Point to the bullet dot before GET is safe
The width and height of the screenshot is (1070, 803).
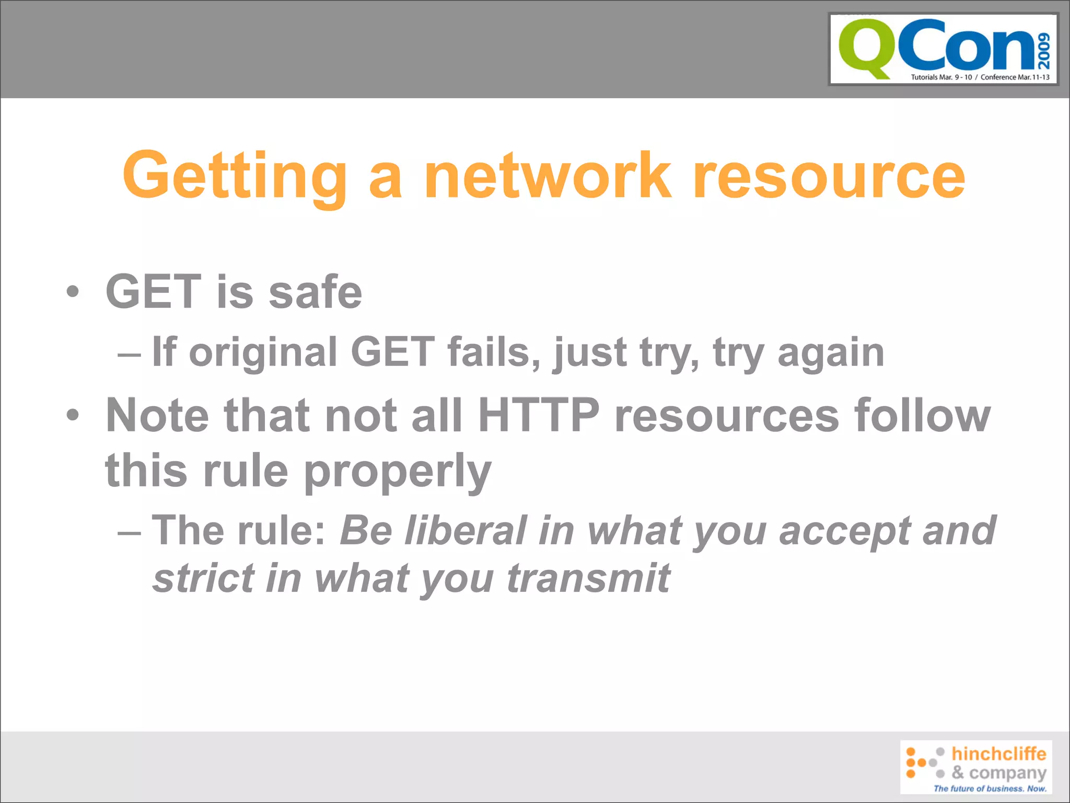point(73,292)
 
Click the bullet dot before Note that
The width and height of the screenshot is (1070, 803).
point(73,416)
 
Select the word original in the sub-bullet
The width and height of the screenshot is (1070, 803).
point(263,352)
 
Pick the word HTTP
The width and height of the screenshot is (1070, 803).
point(539,415)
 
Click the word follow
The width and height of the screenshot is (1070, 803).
point(922,415)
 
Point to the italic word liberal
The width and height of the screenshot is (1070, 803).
point(466,530)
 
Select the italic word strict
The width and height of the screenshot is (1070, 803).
point(203,578)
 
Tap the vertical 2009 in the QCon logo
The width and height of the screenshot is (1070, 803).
point(1043,50)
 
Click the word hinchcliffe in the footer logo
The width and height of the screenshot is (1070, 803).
point(998,753)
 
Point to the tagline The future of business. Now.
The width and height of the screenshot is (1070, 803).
point(990,788)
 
